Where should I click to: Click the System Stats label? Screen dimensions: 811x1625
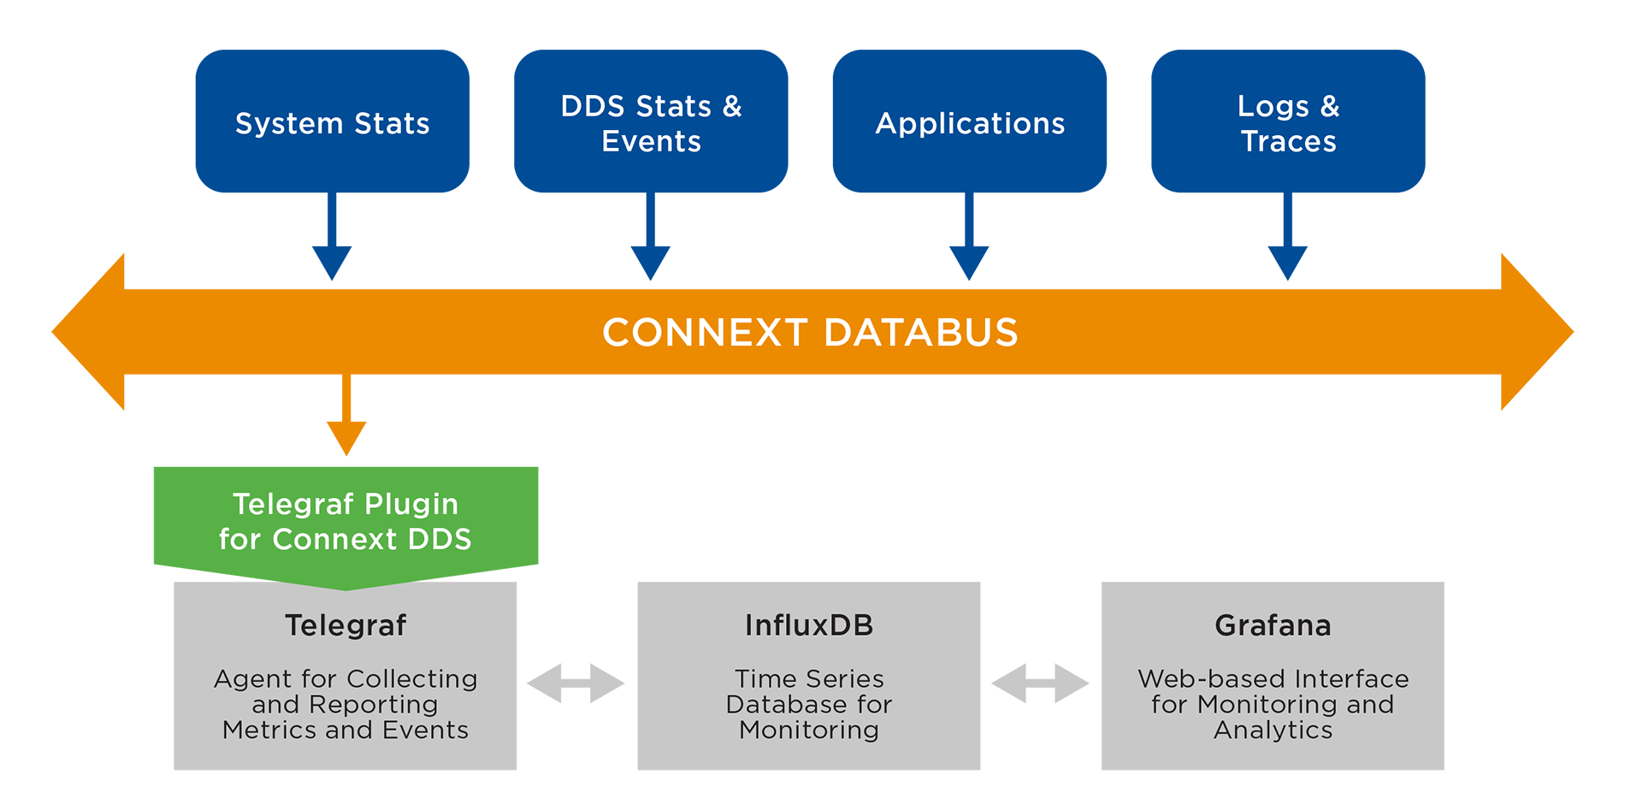click(332, 124)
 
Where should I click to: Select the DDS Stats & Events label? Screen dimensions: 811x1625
click(651, 124)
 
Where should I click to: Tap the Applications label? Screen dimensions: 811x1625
click(970, 124)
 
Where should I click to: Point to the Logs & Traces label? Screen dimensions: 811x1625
click(1288, 124)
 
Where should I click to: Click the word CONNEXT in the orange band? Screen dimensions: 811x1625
click(705, 333)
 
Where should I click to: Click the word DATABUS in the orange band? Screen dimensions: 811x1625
click(920, 333)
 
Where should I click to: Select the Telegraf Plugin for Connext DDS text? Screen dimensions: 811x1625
click(346, 522)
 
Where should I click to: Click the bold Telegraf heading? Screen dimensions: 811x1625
click(346, 625)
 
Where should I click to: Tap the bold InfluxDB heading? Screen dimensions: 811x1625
click(809, 625)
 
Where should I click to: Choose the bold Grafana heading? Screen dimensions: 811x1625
click(1273, 625)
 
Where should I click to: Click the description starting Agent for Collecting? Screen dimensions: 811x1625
click(346, 704)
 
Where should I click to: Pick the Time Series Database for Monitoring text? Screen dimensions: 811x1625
click(809, 704)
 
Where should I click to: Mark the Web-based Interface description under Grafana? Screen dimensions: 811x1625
click(1273, 704)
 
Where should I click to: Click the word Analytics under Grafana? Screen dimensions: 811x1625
click(1273, 731)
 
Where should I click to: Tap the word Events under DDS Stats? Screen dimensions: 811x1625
click(651, 142)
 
